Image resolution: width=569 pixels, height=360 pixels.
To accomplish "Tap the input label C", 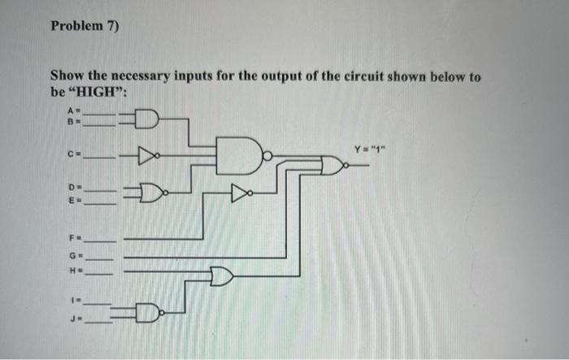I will coord(71,152).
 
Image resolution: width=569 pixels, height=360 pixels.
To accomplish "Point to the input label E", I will coord(71,201).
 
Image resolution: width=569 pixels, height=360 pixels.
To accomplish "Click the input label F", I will coord(71,241).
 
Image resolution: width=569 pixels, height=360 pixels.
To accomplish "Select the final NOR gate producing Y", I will coord(334,167).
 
